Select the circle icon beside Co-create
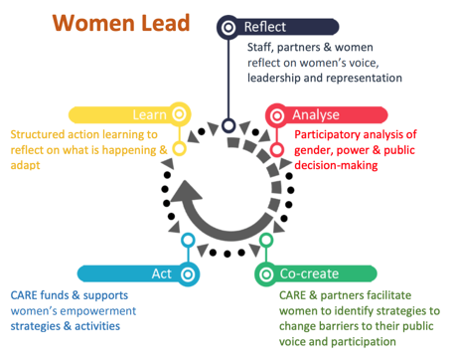coord(267,273)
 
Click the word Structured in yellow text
coord(38,133)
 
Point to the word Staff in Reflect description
coord(261,47)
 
